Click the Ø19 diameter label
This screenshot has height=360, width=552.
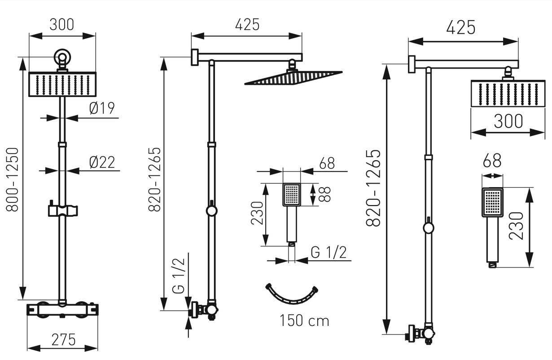coord(102,108)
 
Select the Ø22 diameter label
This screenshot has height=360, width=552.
coord(102,162)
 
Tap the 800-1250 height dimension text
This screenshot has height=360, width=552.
coord(12,180)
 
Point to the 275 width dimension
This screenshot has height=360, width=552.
coord(63,340)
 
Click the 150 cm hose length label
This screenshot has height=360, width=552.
coord(304,320)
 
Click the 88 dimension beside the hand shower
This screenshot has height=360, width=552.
coord(325,194)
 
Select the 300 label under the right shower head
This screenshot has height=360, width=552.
coord(508,121)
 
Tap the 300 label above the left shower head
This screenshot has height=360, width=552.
coord(61,25)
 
